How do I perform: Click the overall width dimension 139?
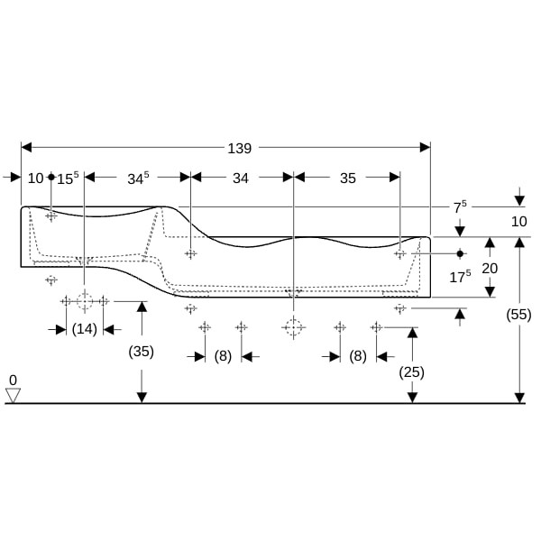[x=240, y=149]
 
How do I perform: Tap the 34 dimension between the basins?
[x=241, y=179]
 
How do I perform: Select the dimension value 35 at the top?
[x=348, y=179]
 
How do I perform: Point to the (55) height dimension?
[x=518, y=315]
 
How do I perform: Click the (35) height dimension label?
[x=142, y=352]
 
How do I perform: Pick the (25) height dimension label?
[x=411, y=372]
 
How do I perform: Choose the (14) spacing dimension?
[x=85, y=329]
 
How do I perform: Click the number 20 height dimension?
[x=490, y=269]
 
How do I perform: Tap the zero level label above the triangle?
[x=13, y=381]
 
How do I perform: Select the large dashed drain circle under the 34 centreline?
[x=293, y=327]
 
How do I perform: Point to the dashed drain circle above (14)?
[x=85, y=301]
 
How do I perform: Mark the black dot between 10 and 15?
[x=51, y=177]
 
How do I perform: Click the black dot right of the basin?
[x=460, y=253]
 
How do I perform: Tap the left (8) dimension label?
[x=223, y=356]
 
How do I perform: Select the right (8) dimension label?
[x=358, y=356]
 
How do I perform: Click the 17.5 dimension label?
[x=460, y=277]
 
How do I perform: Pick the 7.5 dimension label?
[x=460, y=207]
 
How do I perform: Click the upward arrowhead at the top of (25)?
[x=412, y=333]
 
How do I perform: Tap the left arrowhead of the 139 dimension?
[x=26, y=147]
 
